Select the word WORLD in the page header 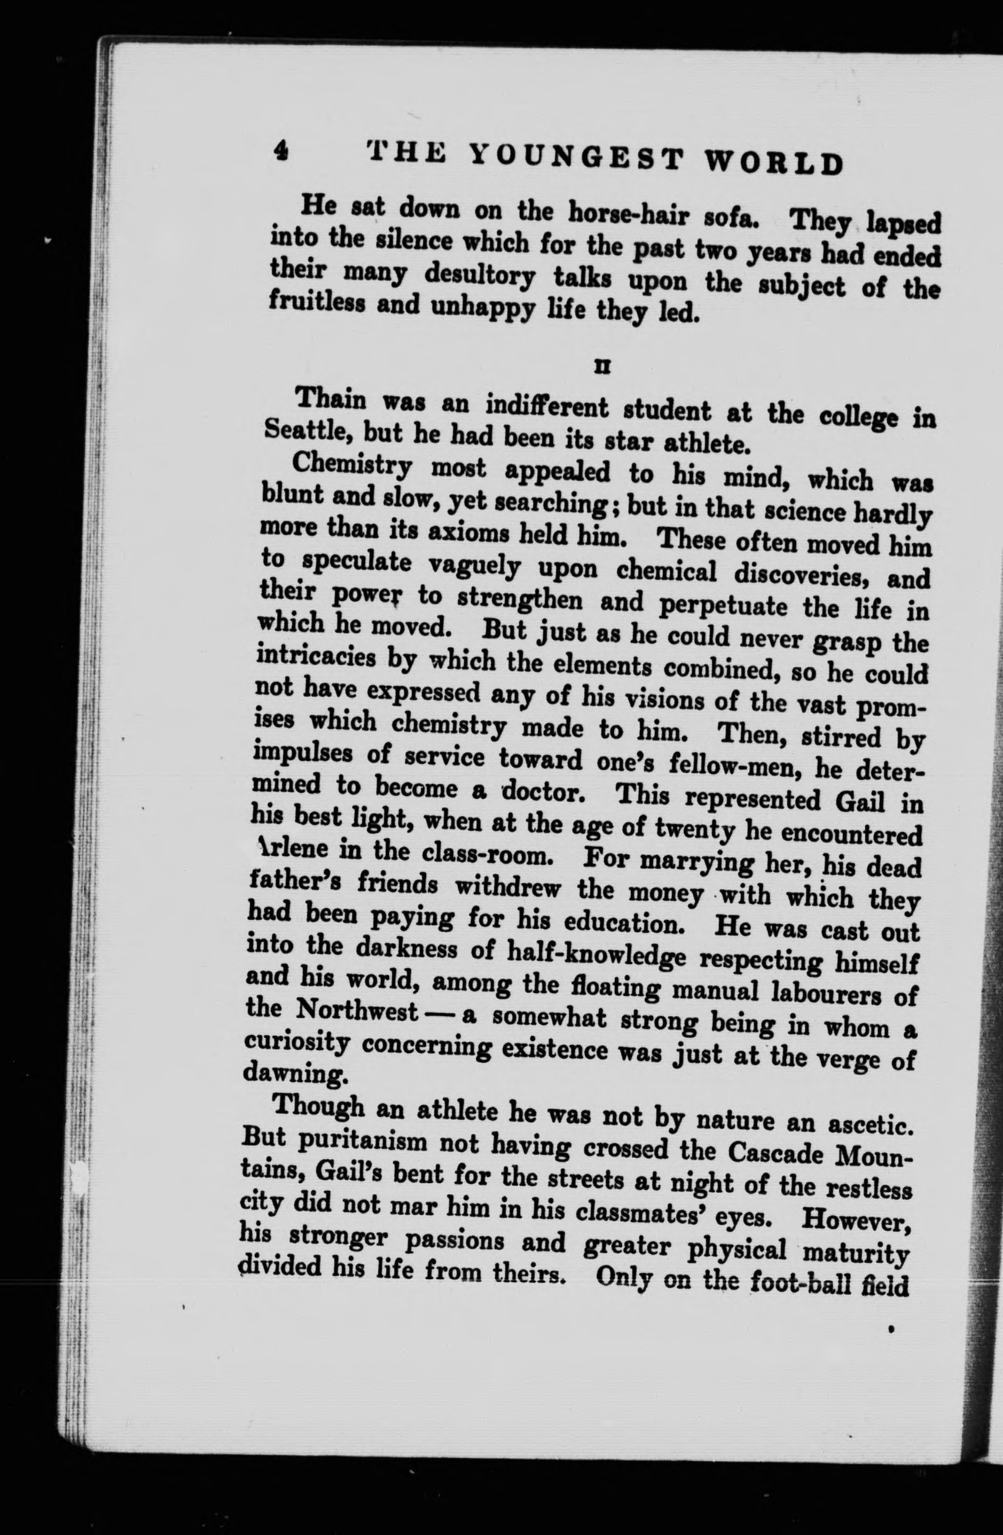pos(774,164)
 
